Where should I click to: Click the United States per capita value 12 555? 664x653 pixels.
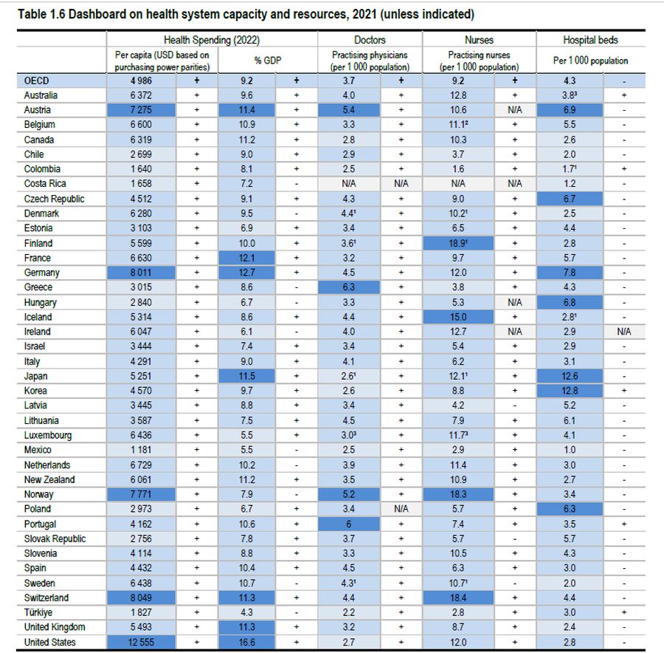[141, 642]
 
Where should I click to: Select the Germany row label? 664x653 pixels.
[42, 273]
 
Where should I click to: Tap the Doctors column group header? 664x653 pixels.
[370, 40]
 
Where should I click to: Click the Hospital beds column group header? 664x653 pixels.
[590, 40]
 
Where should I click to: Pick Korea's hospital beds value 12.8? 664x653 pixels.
[570, 391]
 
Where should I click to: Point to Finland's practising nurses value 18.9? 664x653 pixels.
[458, 243]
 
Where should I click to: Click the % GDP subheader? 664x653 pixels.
[247, 61]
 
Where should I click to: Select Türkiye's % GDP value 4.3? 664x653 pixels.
[247, 612]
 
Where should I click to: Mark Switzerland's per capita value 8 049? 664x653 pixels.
[141, 598]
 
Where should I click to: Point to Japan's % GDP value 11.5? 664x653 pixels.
[247, 376]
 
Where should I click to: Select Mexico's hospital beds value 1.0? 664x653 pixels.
[570, 450]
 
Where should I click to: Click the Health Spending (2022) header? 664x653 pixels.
[212, 40]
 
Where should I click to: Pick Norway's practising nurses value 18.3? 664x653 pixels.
[458, 494]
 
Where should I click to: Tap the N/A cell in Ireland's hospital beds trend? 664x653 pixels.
[624, 332]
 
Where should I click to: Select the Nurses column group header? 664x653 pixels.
[479, 40]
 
